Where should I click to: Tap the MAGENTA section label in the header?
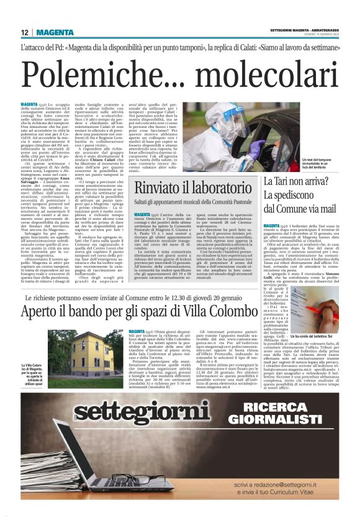[55, 32]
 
